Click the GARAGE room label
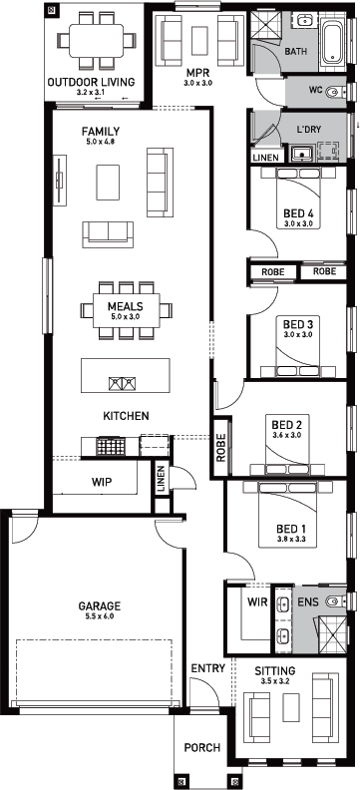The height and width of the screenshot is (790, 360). pos(99,605)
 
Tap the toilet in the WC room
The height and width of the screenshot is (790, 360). pos(335,92)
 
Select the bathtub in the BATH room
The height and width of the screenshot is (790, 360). pos(333,42)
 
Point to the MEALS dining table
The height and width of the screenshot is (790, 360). pos(126,310)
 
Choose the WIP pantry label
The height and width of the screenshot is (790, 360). pos(102,481)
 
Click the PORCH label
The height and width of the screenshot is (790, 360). pos(201,748)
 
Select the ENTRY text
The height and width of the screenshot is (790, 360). pos(208,668)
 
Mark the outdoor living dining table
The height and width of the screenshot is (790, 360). pos(96,40)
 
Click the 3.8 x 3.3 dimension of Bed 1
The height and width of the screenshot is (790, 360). pos(291,539)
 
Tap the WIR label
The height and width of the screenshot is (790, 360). pos(256,601)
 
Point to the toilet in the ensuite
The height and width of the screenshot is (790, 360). pos(335,601)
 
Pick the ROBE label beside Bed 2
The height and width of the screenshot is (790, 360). pos(221,448)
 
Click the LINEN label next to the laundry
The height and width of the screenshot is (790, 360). pos(265,158)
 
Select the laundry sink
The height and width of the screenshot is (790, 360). pos(302,154)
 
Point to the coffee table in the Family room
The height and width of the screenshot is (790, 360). pos(109,182)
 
